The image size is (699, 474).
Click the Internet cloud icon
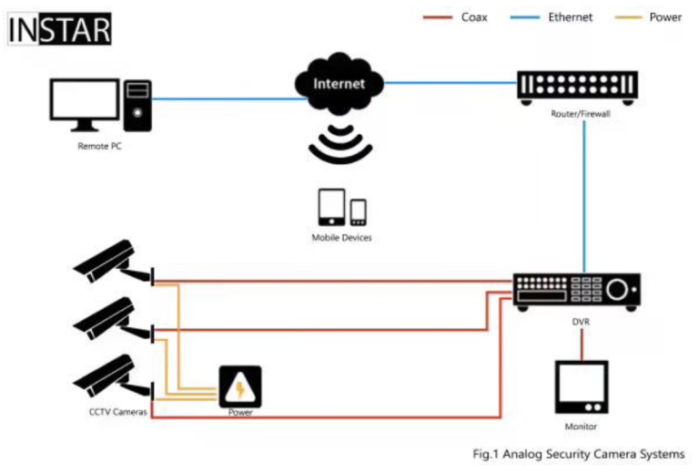(x=339, y=84)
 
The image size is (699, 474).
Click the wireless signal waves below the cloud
(x=339, y=142)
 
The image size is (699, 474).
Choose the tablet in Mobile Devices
(x=331, y=207)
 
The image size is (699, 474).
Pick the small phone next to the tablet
(x=358, y=212)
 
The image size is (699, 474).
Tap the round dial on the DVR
(x=619, y=290)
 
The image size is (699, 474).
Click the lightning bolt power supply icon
(x=240, y=387)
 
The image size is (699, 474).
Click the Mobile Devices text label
(x=341, y=237)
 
